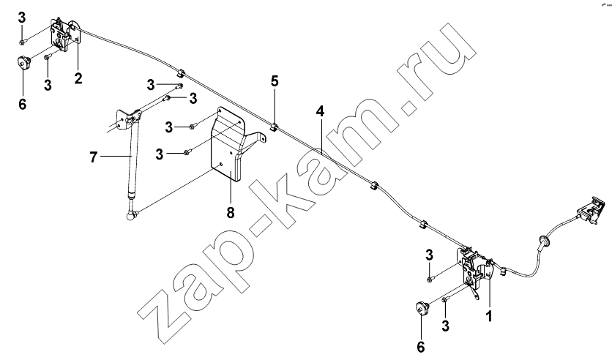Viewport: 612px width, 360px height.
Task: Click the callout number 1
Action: point(488,315)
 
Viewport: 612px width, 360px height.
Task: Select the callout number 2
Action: point(78,78)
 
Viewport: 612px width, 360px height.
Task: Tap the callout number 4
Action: point(320,111)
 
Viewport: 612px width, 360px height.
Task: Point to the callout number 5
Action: point(275,81)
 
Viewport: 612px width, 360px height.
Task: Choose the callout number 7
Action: point(93,157)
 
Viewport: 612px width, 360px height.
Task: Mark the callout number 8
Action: point(231,213)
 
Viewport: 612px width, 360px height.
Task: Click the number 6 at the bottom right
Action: point(421,346)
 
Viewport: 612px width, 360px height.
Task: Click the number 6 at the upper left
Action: point(22,104)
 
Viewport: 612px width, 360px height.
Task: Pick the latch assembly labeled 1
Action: point(475,269)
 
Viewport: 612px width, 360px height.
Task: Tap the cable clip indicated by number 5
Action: point(274,127)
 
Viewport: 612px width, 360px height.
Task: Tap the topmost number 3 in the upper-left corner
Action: point(21,18)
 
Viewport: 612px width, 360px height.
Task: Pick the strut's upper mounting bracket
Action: point(127,119)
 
